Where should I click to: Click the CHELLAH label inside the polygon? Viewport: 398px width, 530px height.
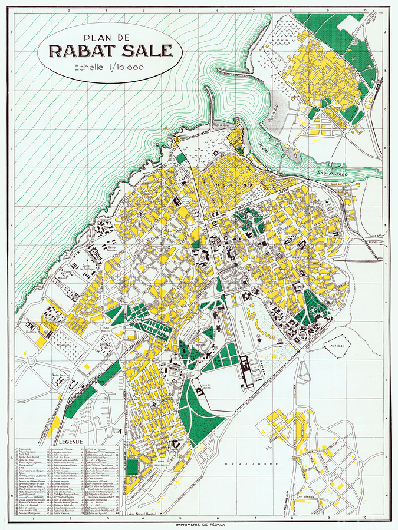[x=337, y=347]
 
